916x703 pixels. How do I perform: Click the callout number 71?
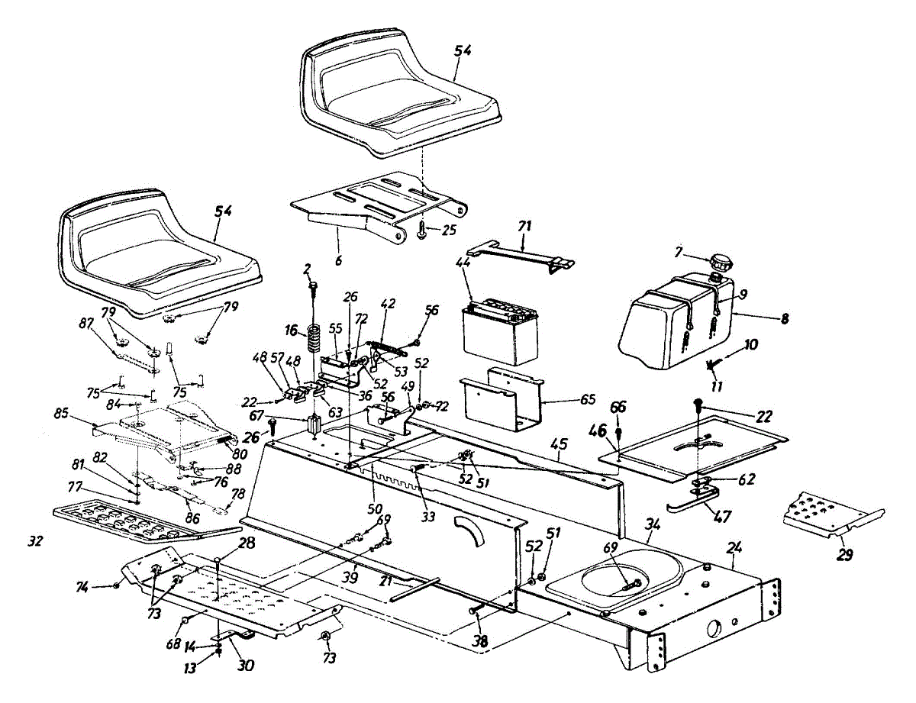click(524, 226)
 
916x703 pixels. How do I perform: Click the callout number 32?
click(35, 541)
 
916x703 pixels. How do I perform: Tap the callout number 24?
click(734, 547)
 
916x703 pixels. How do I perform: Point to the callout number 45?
click(581, 444)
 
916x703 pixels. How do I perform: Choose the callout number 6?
click(338, 260)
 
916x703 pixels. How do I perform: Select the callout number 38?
click(481, 643)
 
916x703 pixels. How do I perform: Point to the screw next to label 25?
click(422, 231)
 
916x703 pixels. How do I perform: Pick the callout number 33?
click(428, 516)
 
